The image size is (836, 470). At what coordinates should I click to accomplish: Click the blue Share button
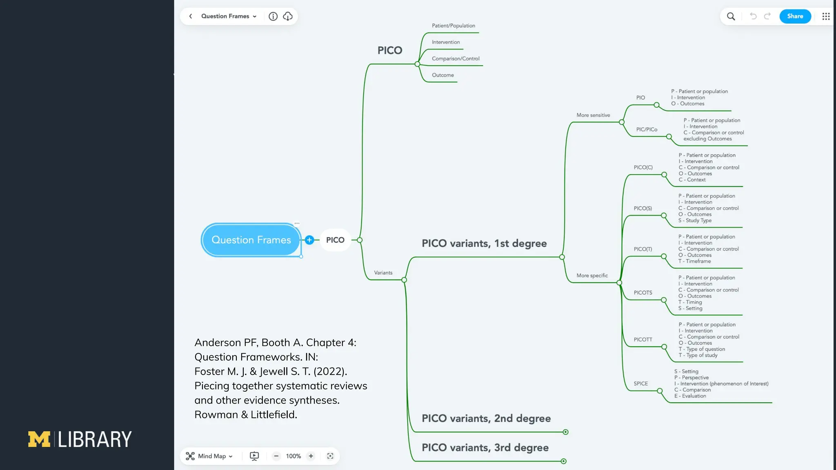(795, 16)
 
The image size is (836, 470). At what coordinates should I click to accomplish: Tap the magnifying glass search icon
(731, 16)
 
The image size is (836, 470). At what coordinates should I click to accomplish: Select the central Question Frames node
(251, 240)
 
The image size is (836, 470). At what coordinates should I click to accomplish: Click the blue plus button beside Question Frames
(309, 240)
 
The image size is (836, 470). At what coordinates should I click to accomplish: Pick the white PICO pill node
(335, 240)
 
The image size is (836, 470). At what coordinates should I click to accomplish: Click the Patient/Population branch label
(453, 26)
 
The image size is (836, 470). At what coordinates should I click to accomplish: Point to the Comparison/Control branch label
(456, 59)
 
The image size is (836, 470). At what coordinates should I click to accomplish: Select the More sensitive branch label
(593, 115)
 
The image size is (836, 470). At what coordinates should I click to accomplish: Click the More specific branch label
(592, 276)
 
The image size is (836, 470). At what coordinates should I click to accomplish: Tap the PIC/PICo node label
(647, 130)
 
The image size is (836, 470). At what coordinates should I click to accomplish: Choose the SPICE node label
(640, 384)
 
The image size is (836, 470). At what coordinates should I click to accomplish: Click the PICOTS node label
(643, 293)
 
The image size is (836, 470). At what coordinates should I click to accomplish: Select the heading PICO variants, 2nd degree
(486, 419)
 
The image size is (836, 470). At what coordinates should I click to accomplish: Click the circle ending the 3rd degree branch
(563, 461)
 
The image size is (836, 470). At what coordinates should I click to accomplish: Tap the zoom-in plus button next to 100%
(311, 456)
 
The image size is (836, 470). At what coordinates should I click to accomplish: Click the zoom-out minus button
(276, 456)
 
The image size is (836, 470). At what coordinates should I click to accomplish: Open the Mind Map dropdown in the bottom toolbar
(209, 456)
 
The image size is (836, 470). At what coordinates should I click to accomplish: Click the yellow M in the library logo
(39, 439)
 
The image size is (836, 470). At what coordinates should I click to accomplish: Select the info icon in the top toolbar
(273, 16)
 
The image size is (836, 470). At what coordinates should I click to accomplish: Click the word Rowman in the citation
(216, 415)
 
